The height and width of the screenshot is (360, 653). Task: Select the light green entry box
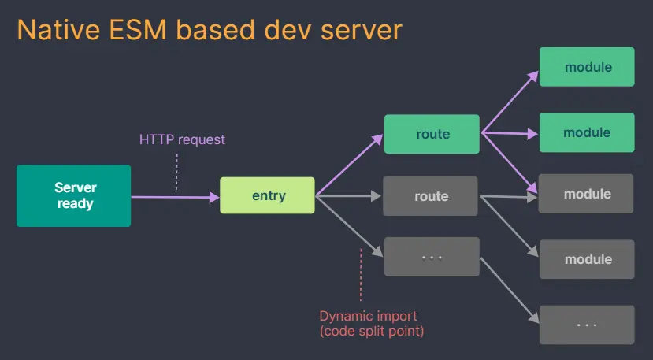[267, 195]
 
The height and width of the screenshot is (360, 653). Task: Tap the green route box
[432, 134]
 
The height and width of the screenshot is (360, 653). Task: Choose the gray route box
[430, 196]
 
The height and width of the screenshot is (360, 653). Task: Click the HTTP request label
[182, 139]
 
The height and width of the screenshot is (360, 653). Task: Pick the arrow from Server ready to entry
[175, 197]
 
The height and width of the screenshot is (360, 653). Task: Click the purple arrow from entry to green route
[349, 166]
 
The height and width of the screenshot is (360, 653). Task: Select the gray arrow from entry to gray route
[348, 195]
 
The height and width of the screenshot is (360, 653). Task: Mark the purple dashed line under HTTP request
[176, 172]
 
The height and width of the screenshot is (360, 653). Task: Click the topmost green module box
[587, 67]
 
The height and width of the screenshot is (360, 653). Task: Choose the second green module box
[587, 132]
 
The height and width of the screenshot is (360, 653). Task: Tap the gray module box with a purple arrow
[587, 194]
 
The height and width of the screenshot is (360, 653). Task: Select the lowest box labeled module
[587, 259]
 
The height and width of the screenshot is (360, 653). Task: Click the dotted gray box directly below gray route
[432, 257]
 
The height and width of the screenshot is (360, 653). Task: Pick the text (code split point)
[372, 332]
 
